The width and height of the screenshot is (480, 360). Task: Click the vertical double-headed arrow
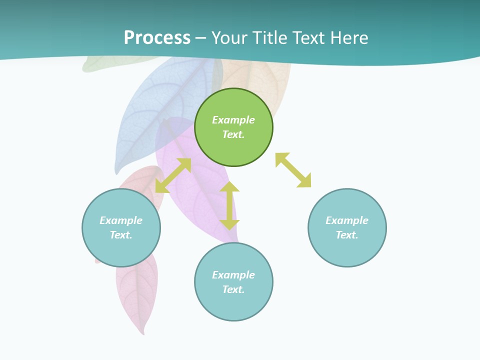pyautogui.click(x=229, y=206)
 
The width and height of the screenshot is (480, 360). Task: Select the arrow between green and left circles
pyautogui.click(x=173, y=175)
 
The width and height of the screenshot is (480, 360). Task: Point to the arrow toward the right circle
pyautogui.click(x=293, y=170)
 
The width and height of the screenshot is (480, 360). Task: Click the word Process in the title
pyautogui.click(x=157, y=38)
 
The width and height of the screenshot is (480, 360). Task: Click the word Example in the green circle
pyautogui.click(x=233, y=120)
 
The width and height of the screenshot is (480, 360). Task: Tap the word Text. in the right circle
pyautogui.click(x=347, y=235)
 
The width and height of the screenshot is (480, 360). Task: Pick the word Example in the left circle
pyautogui.click(x=121, y=220)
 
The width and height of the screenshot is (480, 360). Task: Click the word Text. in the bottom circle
pyautogui.click(x=233, y=289)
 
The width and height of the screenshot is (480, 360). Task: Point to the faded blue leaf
pyautogui.click(x=150, y=110)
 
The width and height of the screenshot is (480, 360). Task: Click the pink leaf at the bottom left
pyautogui.click(x=137, y=290)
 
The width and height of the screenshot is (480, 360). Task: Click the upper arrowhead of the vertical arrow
pyautogui.click(x=229, y=187)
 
